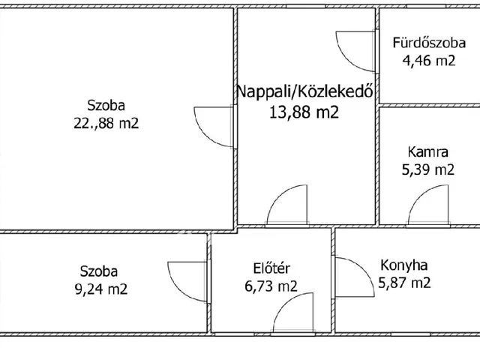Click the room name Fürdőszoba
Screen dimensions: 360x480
(424, 43)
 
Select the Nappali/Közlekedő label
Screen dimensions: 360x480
(305, 92)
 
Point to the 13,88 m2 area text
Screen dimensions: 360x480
(304, 112)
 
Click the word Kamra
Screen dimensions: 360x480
(428, 151)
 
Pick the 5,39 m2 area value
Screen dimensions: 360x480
(428, 169)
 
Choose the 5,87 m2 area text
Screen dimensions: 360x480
(405, 283)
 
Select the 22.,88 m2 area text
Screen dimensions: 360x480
(105, 124)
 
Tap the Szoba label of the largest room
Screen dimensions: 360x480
(105, 106)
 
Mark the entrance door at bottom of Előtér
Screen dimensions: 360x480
(295, 313)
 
